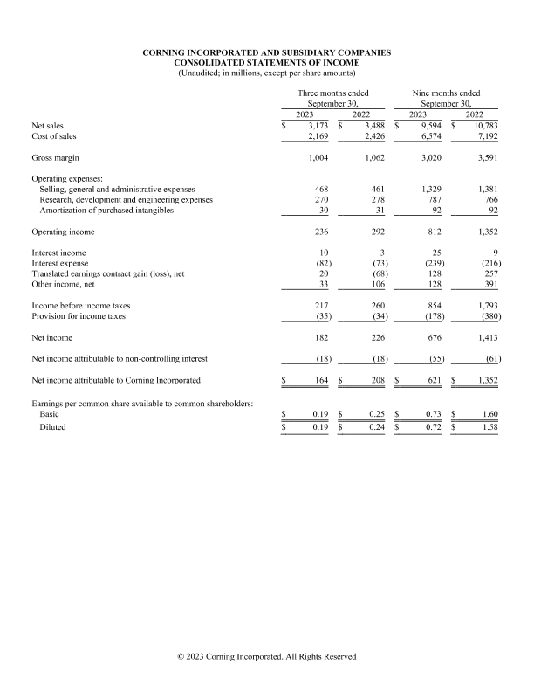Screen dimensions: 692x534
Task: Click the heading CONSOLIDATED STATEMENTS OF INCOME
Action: pos(266,63)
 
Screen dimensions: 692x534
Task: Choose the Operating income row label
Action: pos(63,232)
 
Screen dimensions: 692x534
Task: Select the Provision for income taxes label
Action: pos(79,316)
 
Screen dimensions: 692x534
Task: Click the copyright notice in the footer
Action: pos(266,656)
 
